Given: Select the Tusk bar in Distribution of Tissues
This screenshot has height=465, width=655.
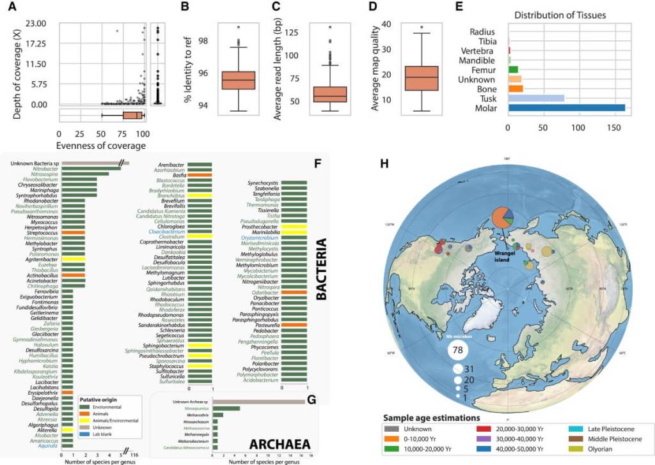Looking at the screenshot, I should coord(536,98).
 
